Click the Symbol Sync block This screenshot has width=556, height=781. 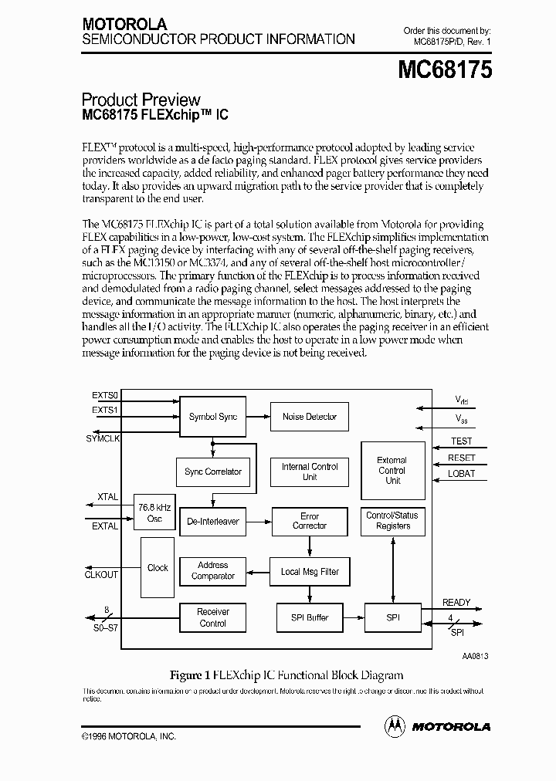[212, 417]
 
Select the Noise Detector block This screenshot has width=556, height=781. [309, 417]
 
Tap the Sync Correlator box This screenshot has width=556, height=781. [212, 472]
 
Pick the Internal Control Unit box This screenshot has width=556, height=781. [309, 472]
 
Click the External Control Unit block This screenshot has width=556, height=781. [393, 470]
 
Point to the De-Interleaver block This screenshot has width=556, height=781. [212, 522]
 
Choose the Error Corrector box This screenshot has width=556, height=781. [309, 521]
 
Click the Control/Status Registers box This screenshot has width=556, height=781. [393, 521]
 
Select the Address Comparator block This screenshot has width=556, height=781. [212, 571]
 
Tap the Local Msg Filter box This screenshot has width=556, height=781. [309, 572]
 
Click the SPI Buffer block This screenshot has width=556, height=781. [309, 617]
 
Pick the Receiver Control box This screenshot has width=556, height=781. [212, 617]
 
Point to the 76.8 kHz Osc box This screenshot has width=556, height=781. [154, 512]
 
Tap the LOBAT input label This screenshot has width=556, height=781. [462, 474]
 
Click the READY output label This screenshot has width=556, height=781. [456, 603]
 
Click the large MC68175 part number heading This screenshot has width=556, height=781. [445, 71]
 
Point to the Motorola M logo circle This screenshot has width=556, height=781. [395, 726]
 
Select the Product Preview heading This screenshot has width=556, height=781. [141, 100]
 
